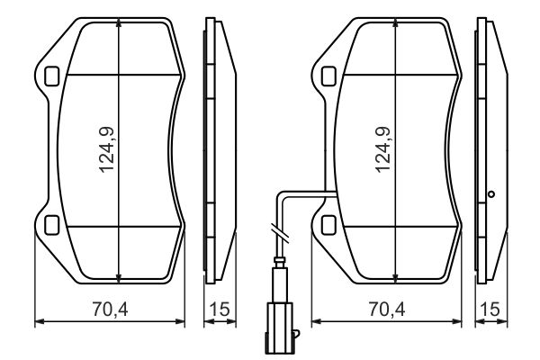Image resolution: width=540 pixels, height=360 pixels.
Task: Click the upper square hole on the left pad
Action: [51, 76]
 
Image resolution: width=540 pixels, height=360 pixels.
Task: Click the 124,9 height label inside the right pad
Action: [384, 149]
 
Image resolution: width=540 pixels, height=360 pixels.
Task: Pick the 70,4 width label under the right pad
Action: [386, 310]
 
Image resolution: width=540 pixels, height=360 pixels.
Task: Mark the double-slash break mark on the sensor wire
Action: [279, 233]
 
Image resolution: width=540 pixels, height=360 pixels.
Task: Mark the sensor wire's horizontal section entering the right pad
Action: [306, 193]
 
